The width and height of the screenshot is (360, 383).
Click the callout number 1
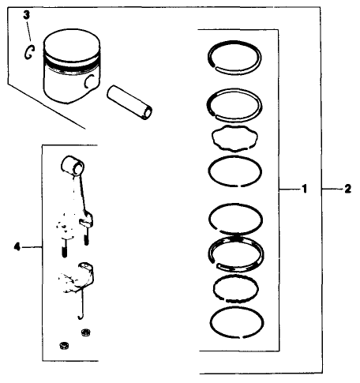pos(304,190)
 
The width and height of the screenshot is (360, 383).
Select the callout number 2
pos(348,190)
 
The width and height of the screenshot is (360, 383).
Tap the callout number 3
pos(25,15)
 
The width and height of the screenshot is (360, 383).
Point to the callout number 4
pos(17,246)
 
